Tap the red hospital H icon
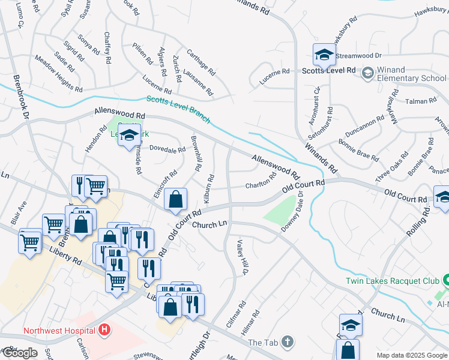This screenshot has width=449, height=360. click(x=105, y=329)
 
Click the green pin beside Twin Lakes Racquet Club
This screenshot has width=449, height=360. click(x=446, y=280)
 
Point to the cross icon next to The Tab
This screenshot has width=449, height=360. click(x=288, y=342)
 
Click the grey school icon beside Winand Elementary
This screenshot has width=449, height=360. click(x=367, y=73)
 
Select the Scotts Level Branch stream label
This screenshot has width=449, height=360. click(x=178, y=109)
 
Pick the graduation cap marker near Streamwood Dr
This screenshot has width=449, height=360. click(x=324, y=55)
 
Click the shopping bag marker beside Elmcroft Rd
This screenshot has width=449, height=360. click(x=175, y=200)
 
